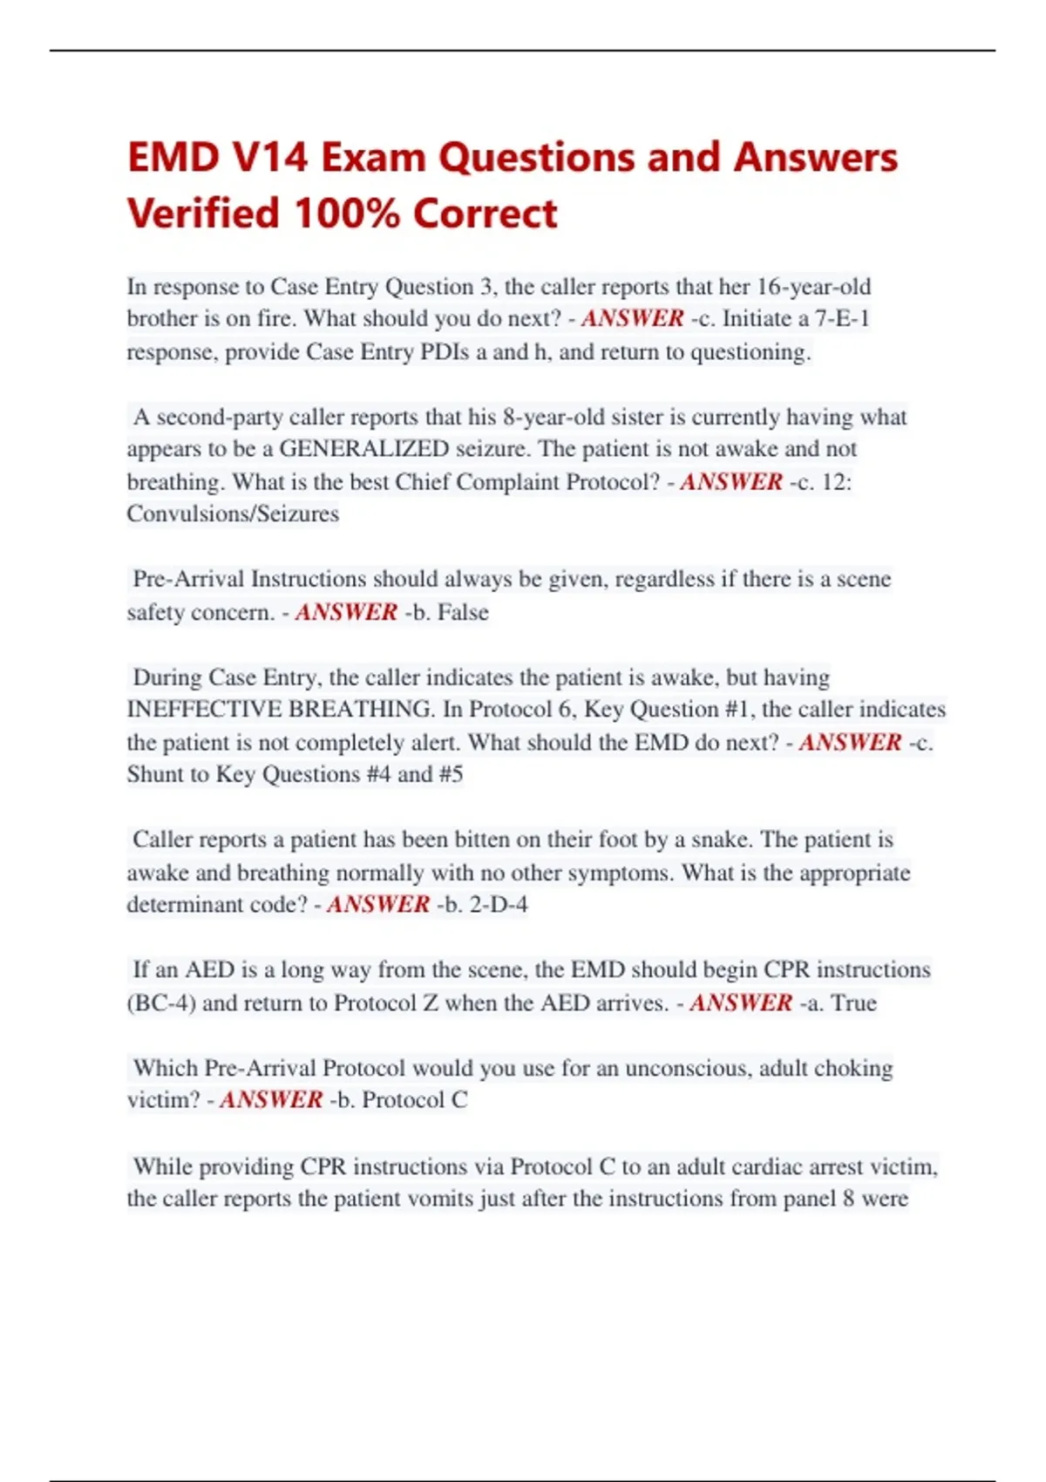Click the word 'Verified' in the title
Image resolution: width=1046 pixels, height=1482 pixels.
point(202,214)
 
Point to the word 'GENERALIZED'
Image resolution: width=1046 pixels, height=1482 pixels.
point(363,449)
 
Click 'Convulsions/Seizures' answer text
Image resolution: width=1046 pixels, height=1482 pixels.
point(233,513)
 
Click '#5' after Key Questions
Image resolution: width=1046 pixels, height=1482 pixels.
point(451,774)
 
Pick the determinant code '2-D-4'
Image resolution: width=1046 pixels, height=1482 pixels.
point(499,904)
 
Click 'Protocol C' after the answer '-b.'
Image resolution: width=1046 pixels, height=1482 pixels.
point(415,1100)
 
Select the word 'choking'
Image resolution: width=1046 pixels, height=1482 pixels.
point(853,1068)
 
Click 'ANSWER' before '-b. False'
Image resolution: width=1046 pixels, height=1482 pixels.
point(346,612)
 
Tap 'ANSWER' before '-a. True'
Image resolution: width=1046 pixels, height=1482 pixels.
point(741,1003)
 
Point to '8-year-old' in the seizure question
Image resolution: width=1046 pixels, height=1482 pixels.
point(553,417)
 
